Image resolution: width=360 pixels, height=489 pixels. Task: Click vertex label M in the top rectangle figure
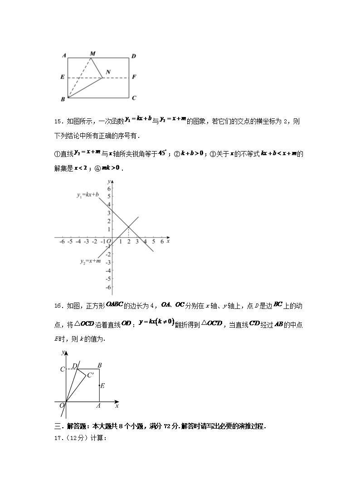[x=92, y=54]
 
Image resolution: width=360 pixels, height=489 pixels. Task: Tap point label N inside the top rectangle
[x=108, y=72]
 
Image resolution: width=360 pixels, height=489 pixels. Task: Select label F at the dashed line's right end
[x=134, y=77]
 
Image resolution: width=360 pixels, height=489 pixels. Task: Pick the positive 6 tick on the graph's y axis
[x=109, y=188]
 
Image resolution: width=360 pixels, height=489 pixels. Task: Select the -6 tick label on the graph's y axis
[x=108, y=287]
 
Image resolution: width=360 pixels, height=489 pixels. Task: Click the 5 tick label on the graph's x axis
[x=154, y=242]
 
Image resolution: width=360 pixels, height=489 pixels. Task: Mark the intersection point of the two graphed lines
[x=129, y=227]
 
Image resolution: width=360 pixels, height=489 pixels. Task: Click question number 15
[x=58, y=122]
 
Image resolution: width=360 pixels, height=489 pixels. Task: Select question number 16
[x=58, y=306]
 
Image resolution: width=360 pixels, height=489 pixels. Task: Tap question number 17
[x=58, y=438]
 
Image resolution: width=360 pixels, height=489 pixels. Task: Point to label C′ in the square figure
[x=91, y=375]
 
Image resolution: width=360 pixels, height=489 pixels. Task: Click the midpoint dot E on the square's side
[x=100, y=386]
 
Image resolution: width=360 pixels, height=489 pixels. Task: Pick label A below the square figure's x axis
[x=99, y=407]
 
